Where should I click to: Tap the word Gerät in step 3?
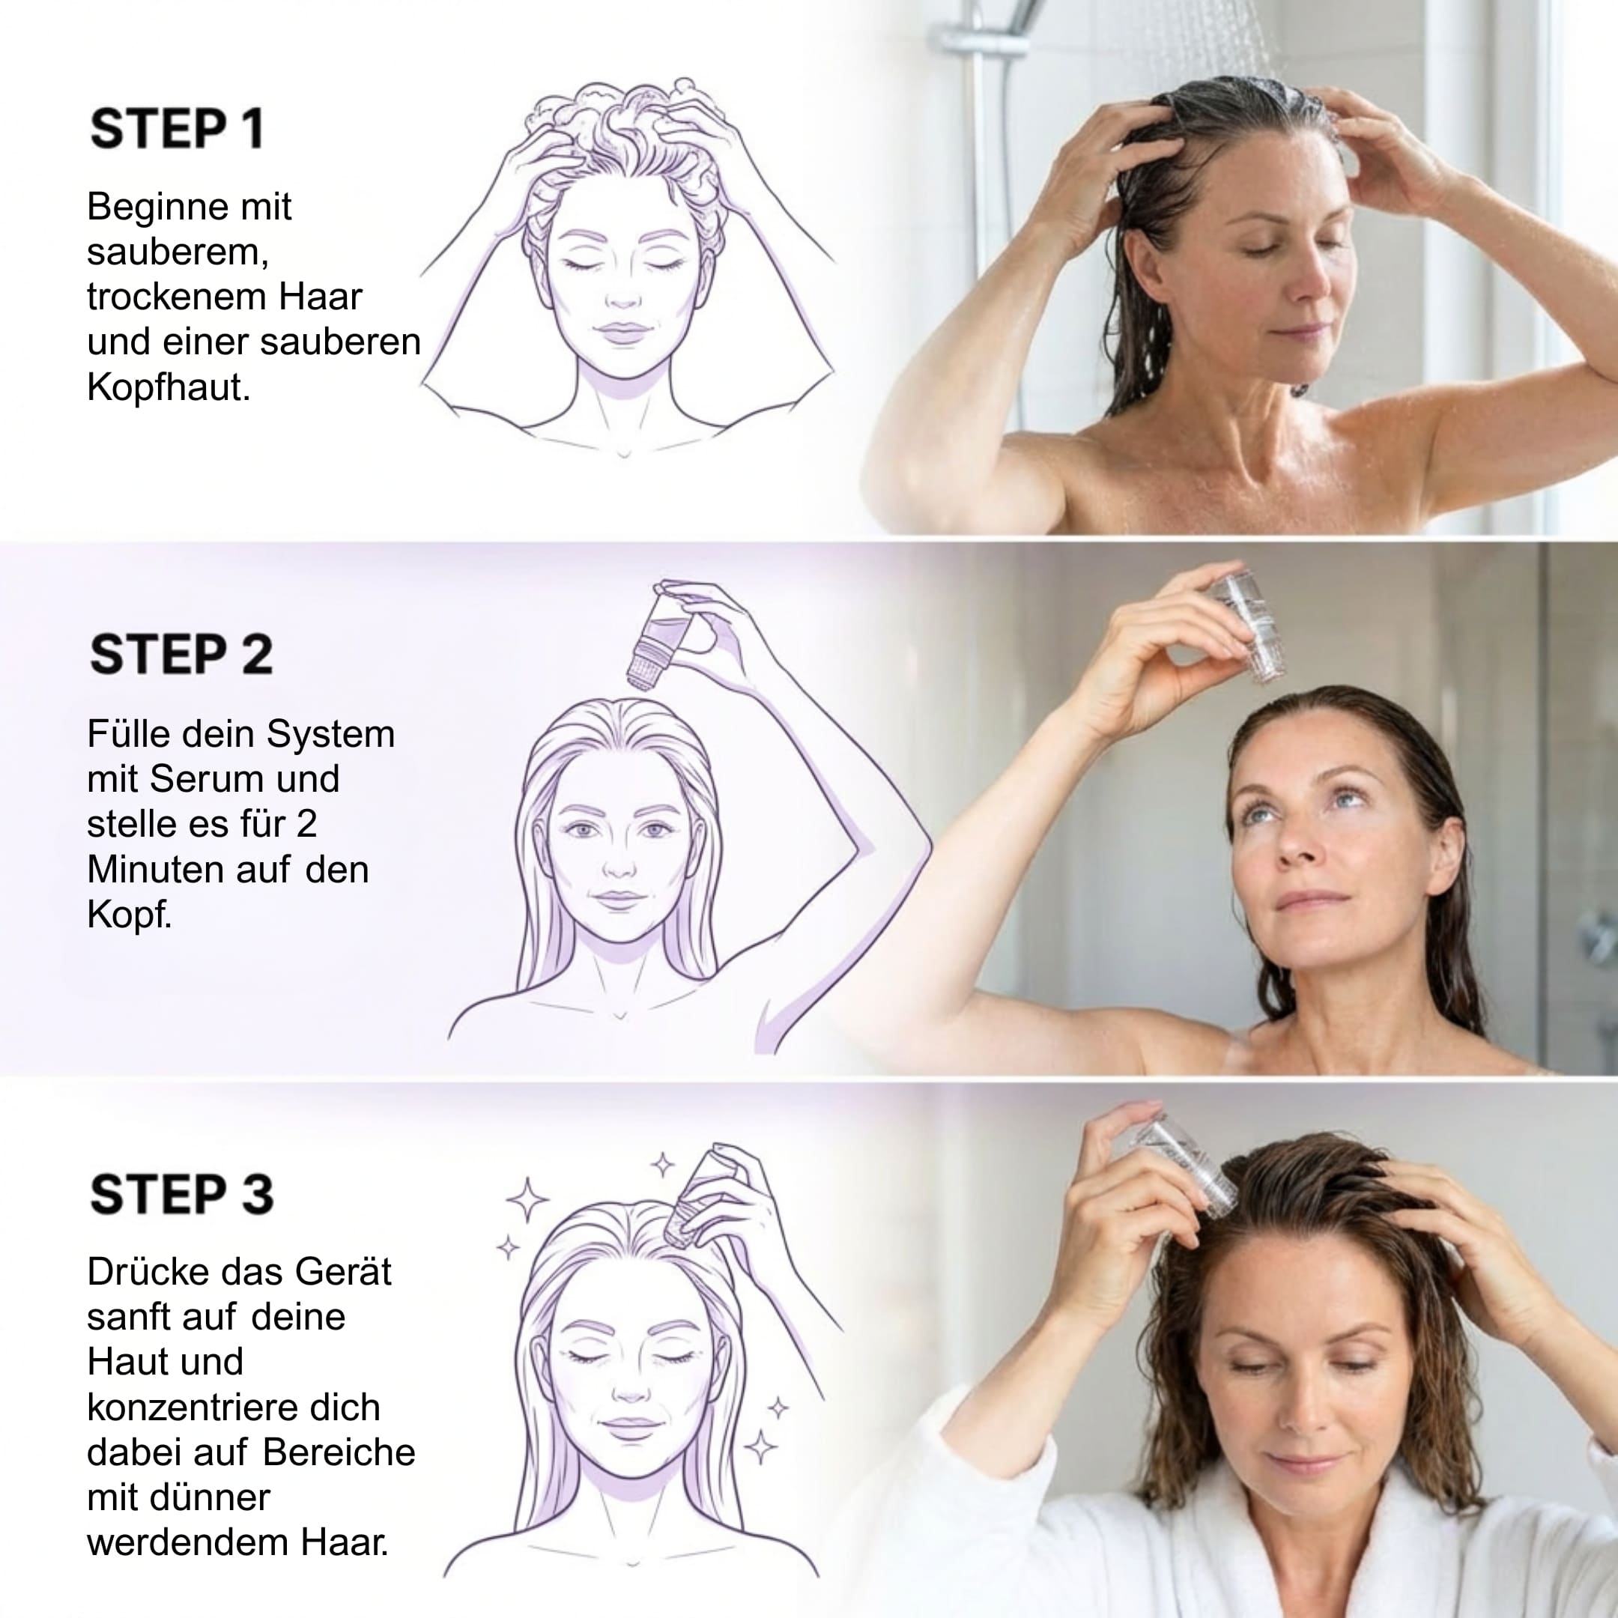point(343,1271)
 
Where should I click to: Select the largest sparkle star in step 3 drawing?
point(527,1200)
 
